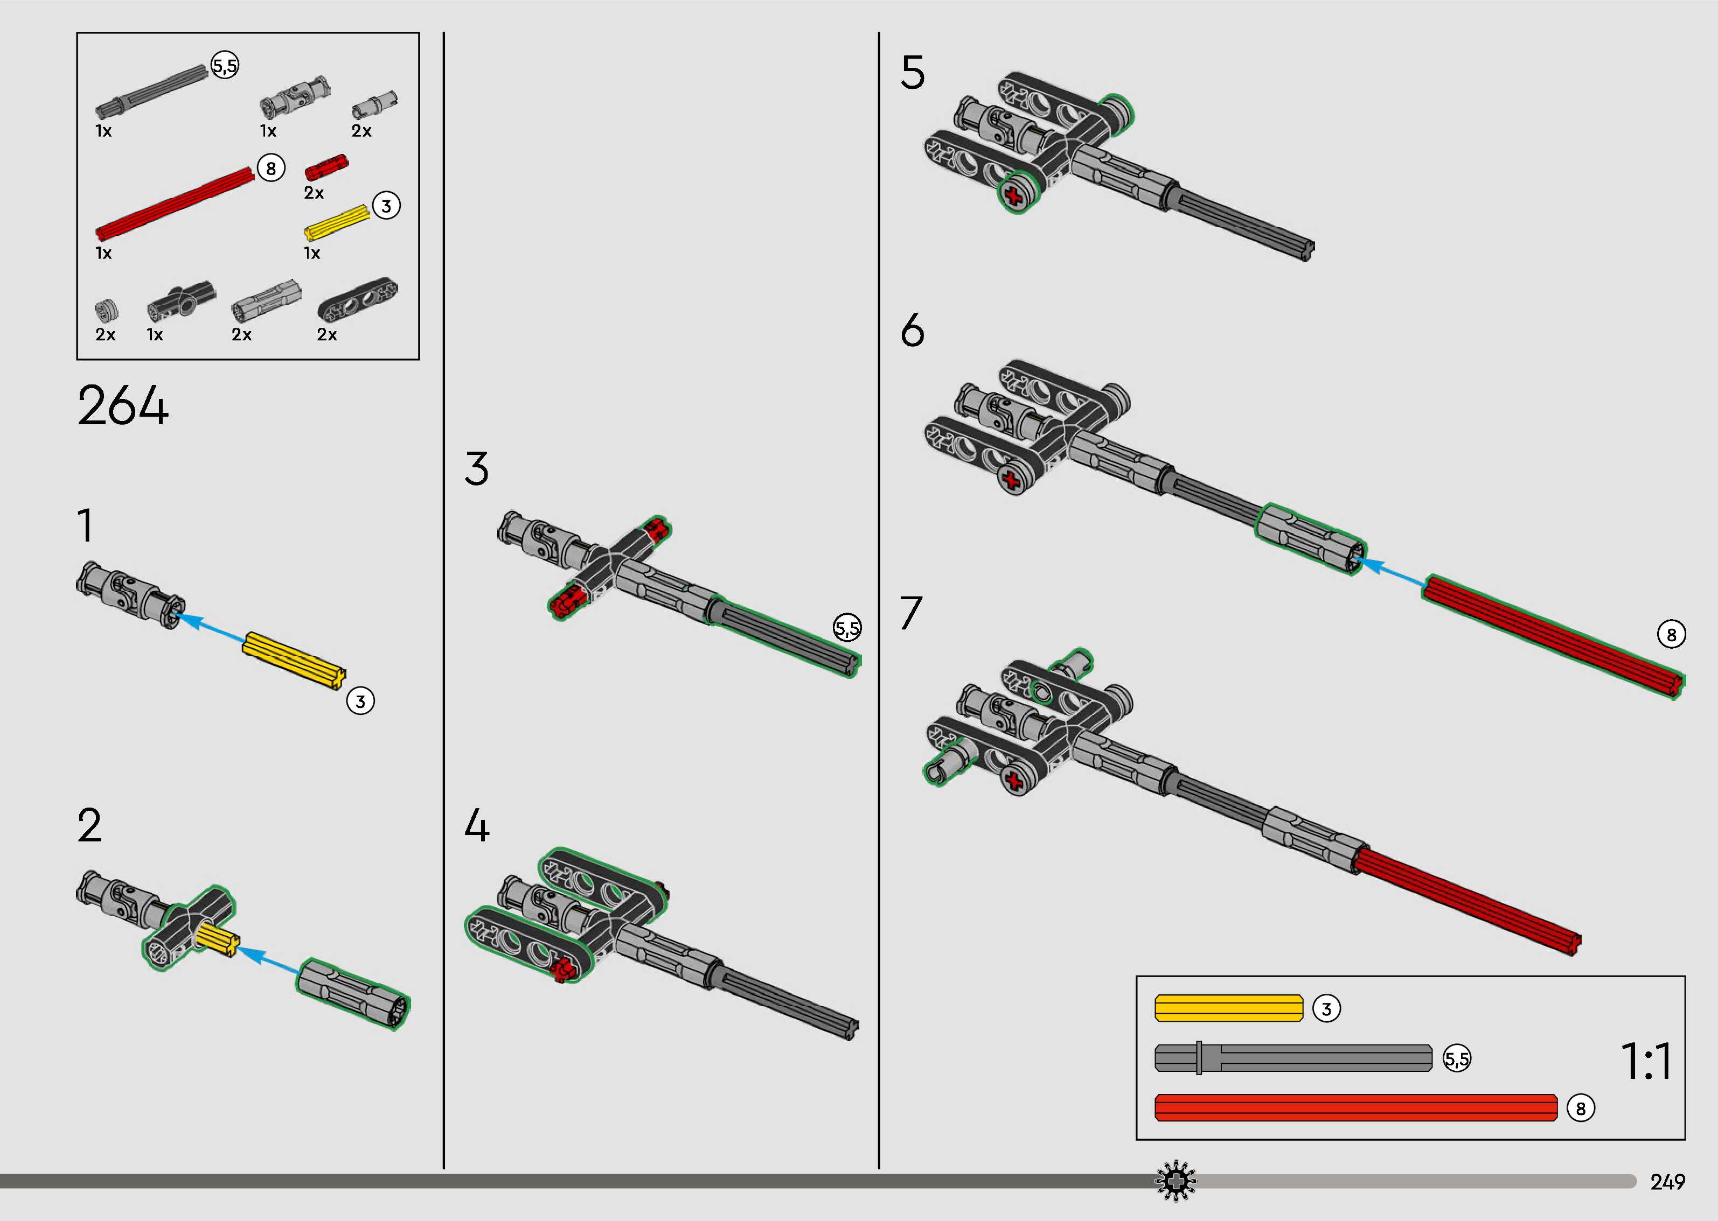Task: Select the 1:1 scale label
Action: (1646, 1061)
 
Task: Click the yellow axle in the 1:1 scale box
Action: (1228, 1008)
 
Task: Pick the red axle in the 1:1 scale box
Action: (1355, 1107)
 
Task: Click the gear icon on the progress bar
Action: (1175, 1181)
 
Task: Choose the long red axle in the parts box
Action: (175, 201)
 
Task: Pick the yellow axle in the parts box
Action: (336, 222)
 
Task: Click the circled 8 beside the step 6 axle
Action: (1671, 635)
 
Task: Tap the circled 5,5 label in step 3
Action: (847, 627)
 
